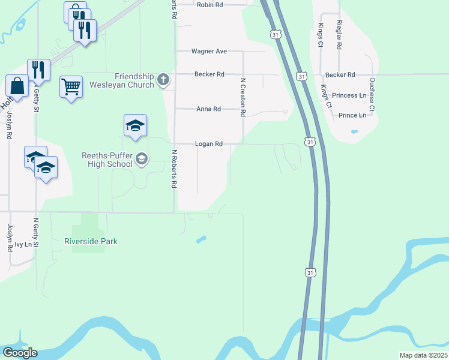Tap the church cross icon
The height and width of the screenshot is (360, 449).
coord(163,80)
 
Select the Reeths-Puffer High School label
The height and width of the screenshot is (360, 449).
coord(107,159)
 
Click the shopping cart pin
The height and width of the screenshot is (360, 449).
coord(71,88)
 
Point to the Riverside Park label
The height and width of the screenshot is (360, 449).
coord(91,241)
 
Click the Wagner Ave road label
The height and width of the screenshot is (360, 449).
coord(209,52)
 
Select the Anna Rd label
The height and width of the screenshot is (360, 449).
coord(209,109)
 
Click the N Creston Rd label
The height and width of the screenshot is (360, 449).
coord(243,96)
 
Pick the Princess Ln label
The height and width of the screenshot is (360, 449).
coord(349,95)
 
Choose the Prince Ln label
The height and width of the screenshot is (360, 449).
coord(352,115)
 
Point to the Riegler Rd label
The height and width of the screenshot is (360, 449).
coord(339,34)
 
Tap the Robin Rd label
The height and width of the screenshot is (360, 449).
coord(209,4)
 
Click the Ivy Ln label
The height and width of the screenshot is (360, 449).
coord(23,244)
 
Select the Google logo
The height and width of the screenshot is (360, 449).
coord(19,353)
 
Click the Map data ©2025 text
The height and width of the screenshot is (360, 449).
coord(423,355)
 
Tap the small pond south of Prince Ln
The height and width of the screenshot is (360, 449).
coord(354,131)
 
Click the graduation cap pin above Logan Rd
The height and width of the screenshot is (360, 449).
coord(135,126)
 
